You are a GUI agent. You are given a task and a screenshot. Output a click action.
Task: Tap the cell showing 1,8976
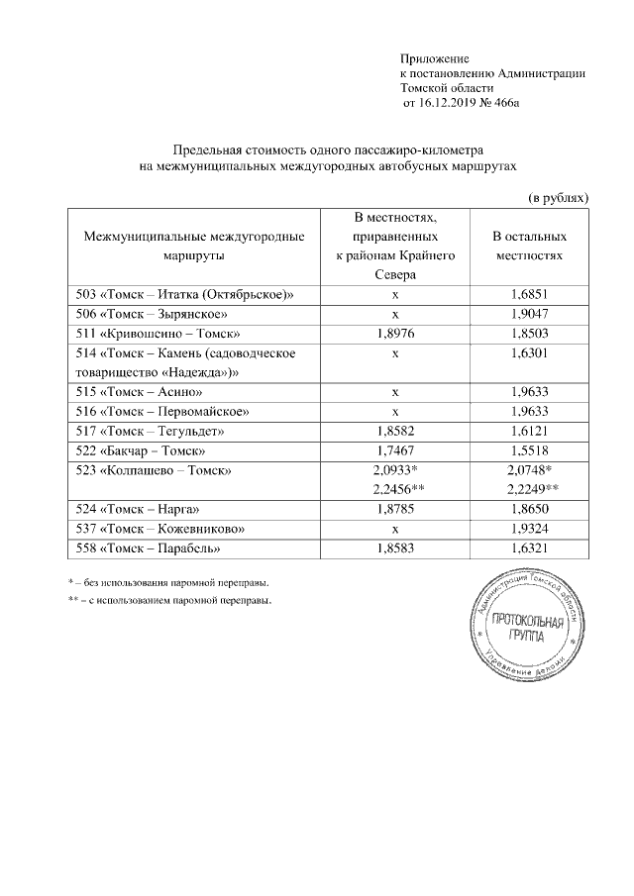[395, 334]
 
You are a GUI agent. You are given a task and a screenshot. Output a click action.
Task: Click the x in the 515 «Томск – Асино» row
[395, 391]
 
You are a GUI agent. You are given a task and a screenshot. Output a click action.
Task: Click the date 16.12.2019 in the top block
[441, 103]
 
